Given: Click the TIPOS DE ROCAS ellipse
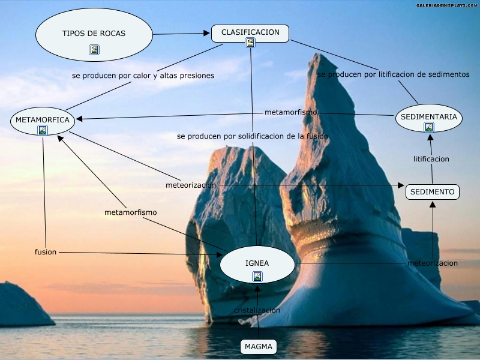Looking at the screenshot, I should coord(94,34).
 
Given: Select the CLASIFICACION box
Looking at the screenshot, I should coord(250,32).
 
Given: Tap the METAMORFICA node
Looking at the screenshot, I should coord(43,120).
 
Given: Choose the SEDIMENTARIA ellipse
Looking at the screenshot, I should coord(429,117).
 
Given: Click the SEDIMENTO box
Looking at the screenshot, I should coord(433,192).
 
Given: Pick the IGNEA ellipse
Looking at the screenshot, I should coord(257,263).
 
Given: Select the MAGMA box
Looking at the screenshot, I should coord(259,347).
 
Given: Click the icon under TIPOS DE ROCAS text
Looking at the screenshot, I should coord(94,50).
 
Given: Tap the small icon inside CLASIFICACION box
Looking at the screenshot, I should coord(250,42).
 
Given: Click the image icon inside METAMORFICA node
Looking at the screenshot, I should coord(43,130).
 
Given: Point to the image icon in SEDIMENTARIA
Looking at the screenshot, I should coord(429,127).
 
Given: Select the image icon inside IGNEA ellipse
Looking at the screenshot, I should coord(257,276).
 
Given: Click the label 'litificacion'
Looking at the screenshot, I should coord(431,159).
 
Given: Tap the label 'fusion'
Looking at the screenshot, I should coord(46,252).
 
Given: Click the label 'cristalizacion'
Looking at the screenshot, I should coord(257,310).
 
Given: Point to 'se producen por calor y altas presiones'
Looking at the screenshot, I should coord(143,76).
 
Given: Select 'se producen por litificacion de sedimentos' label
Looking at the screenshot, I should coord(393,74).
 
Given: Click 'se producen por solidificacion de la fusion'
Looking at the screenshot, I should coord(253,136).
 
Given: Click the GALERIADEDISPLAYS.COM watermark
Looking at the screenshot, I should coord(446,5).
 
